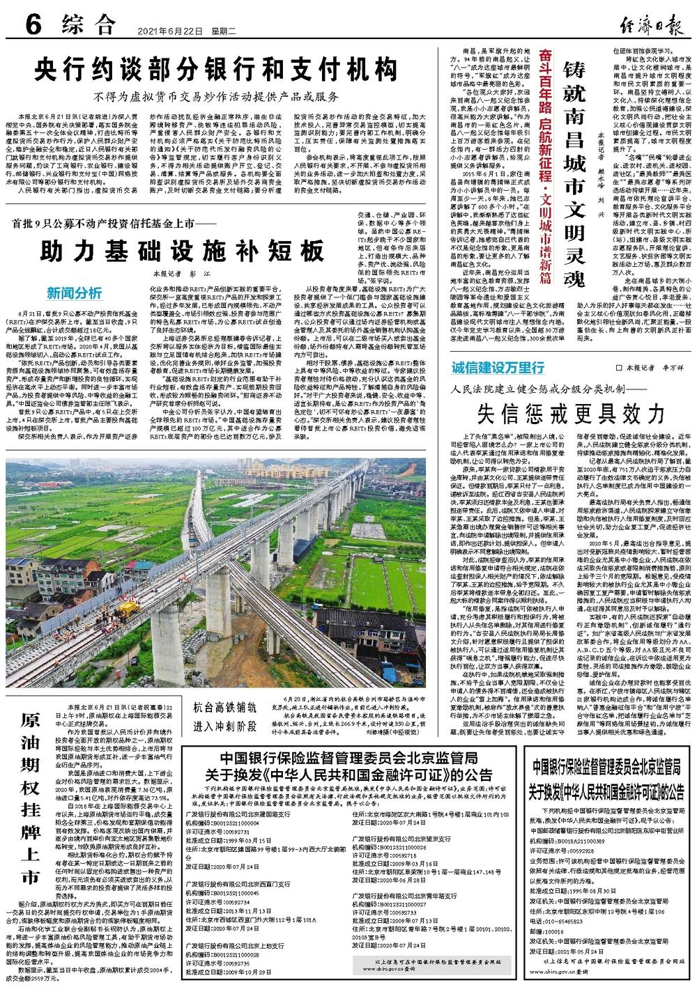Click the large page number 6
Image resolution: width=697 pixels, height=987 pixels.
33,27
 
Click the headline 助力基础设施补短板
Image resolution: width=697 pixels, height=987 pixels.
182,250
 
